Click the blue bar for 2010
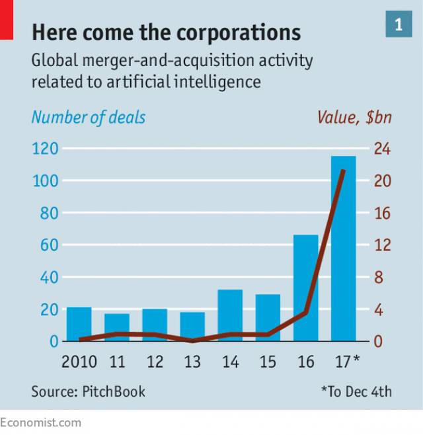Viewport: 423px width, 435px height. coord(79,324)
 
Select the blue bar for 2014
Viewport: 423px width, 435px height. coord(230,315)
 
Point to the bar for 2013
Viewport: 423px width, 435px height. coord(192,327)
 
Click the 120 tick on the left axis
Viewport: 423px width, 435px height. coord(45,149)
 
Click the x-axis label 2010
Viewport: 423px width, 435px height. coord(79,362)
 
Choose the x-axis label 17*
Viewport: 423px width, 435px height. coord(346,362)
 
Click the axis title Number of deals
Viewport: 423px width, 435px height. coord(89,118)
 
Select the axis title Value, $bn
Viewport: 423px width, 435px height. coord(354,118)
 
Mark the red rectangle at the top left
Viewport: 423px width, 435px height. coord(7,19)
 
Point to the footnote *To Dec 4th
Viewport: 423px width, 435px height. coord(356,391)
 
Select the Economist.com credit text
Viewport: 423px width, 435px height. coord(41,422)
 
